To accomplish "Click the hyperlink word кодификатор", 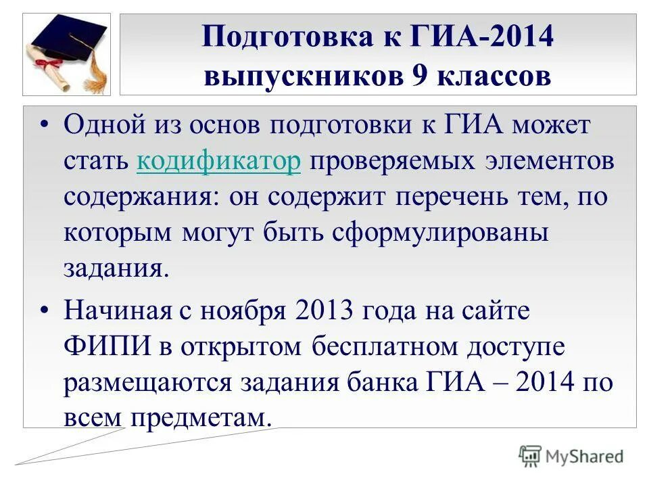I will click(x=218, y=162).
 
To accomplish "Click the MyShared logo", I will click(x=572, y=456).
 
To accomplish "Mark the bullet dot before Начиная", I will click(x=45, y=312).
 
